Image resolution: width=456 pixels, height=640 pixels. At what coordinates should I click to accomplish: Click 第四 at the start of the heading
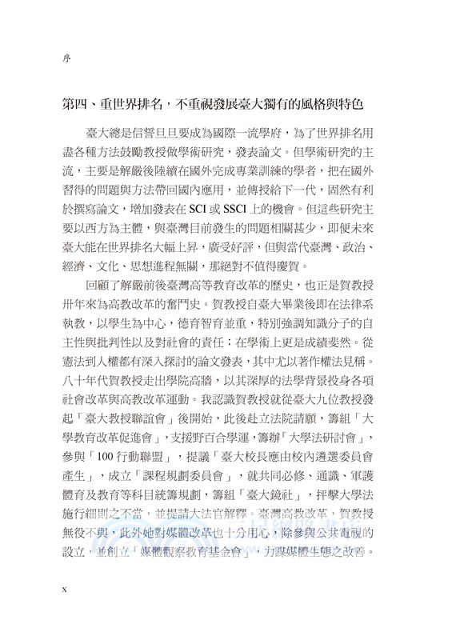click(x=78, y=105)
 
